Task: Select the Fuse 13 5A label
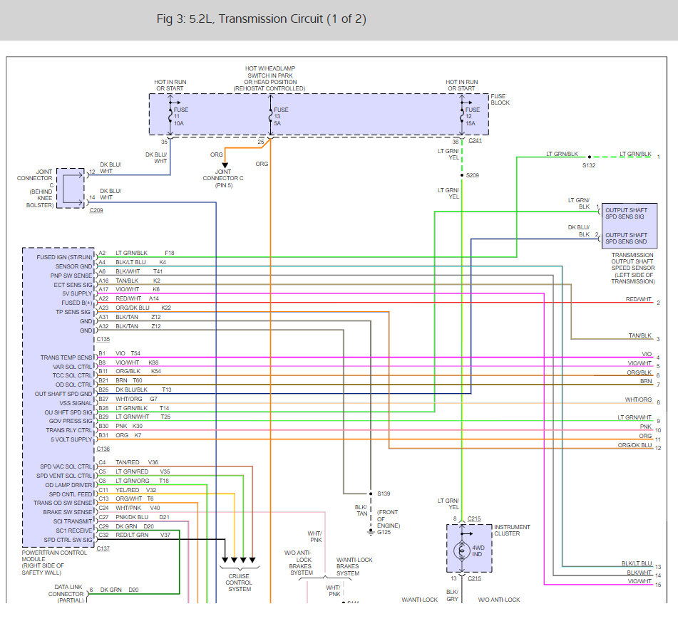[x=281, y=116]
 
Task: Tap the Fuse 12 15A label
[x=473, y=116]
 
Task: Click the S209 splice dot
[x=461, y=174]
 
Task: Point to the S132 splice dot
[x=589, y=156]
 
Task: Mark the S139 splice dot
[x=370, y=494]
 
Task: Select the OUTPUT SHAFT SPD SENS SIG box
[x=626, y=214]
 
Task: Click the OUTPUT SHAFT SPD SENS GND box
[x=626, y=239]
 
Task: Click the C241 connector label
[x=475, y=141]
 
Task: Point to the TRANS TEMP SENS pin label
[x=66, y=358]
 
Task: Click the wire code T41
[x=158, y=271]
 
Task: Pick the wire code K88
[x=153, y=362]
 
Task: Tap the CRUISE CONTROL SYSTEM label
[x=240, y=582]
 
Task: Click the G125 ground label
[x=385, y=532]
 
